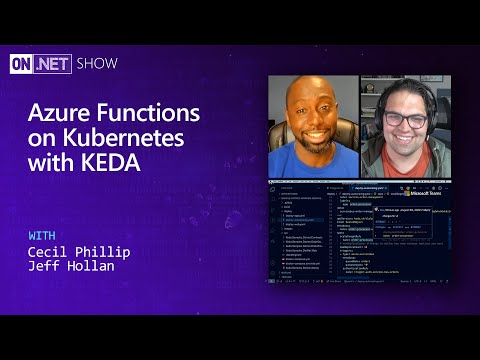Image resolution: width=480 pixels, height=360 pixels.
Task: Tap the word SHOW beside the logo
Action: point(96,64)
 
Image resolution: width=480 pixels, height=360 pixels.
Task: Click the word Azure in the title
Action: point(62,112)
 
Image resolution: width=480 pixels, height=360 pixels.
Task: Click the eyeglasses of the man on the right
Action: point(405,119)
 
